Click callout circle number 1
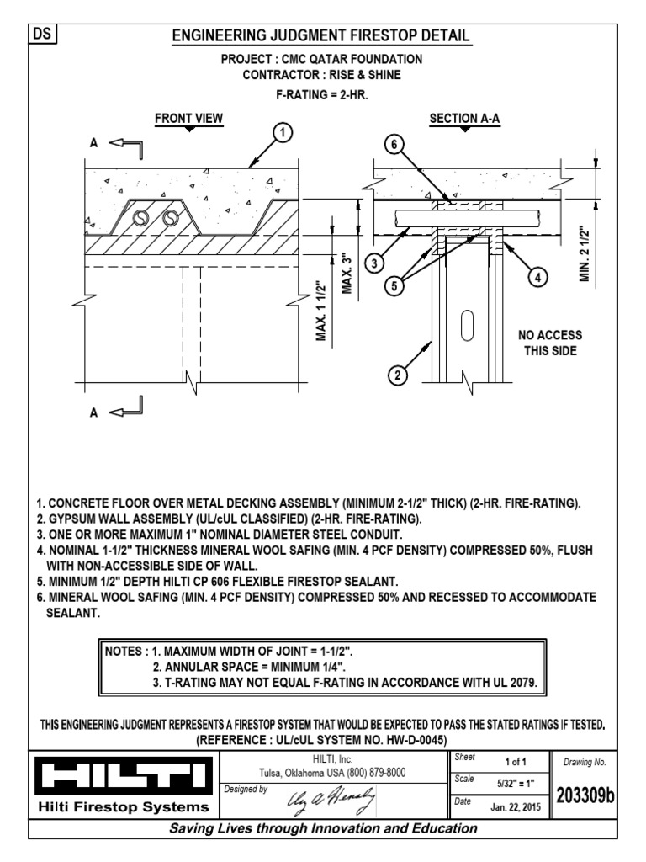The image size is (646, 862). click(283, 133)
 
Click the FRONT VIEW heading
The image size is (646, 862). click(189, 119)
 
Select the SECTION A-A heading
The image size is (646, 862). click(465, 119)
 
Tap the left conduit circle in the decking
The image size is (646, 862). click(142, 218)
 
